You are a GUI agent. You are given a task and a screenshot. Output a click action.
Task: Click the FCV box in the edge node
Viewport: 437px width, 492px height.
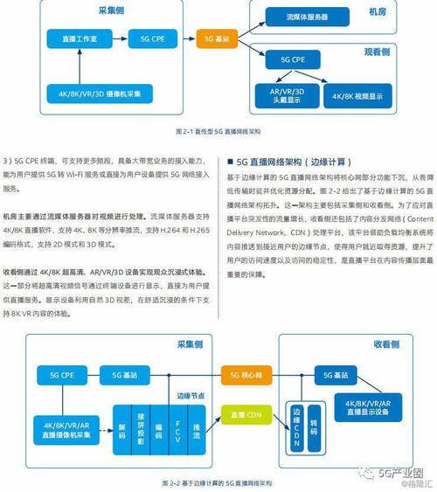tap(177, 432)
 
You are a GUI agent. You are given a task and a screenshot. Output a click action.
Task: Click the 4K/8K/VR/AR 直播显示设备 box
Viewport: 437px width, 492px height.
tap(368, 406)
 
